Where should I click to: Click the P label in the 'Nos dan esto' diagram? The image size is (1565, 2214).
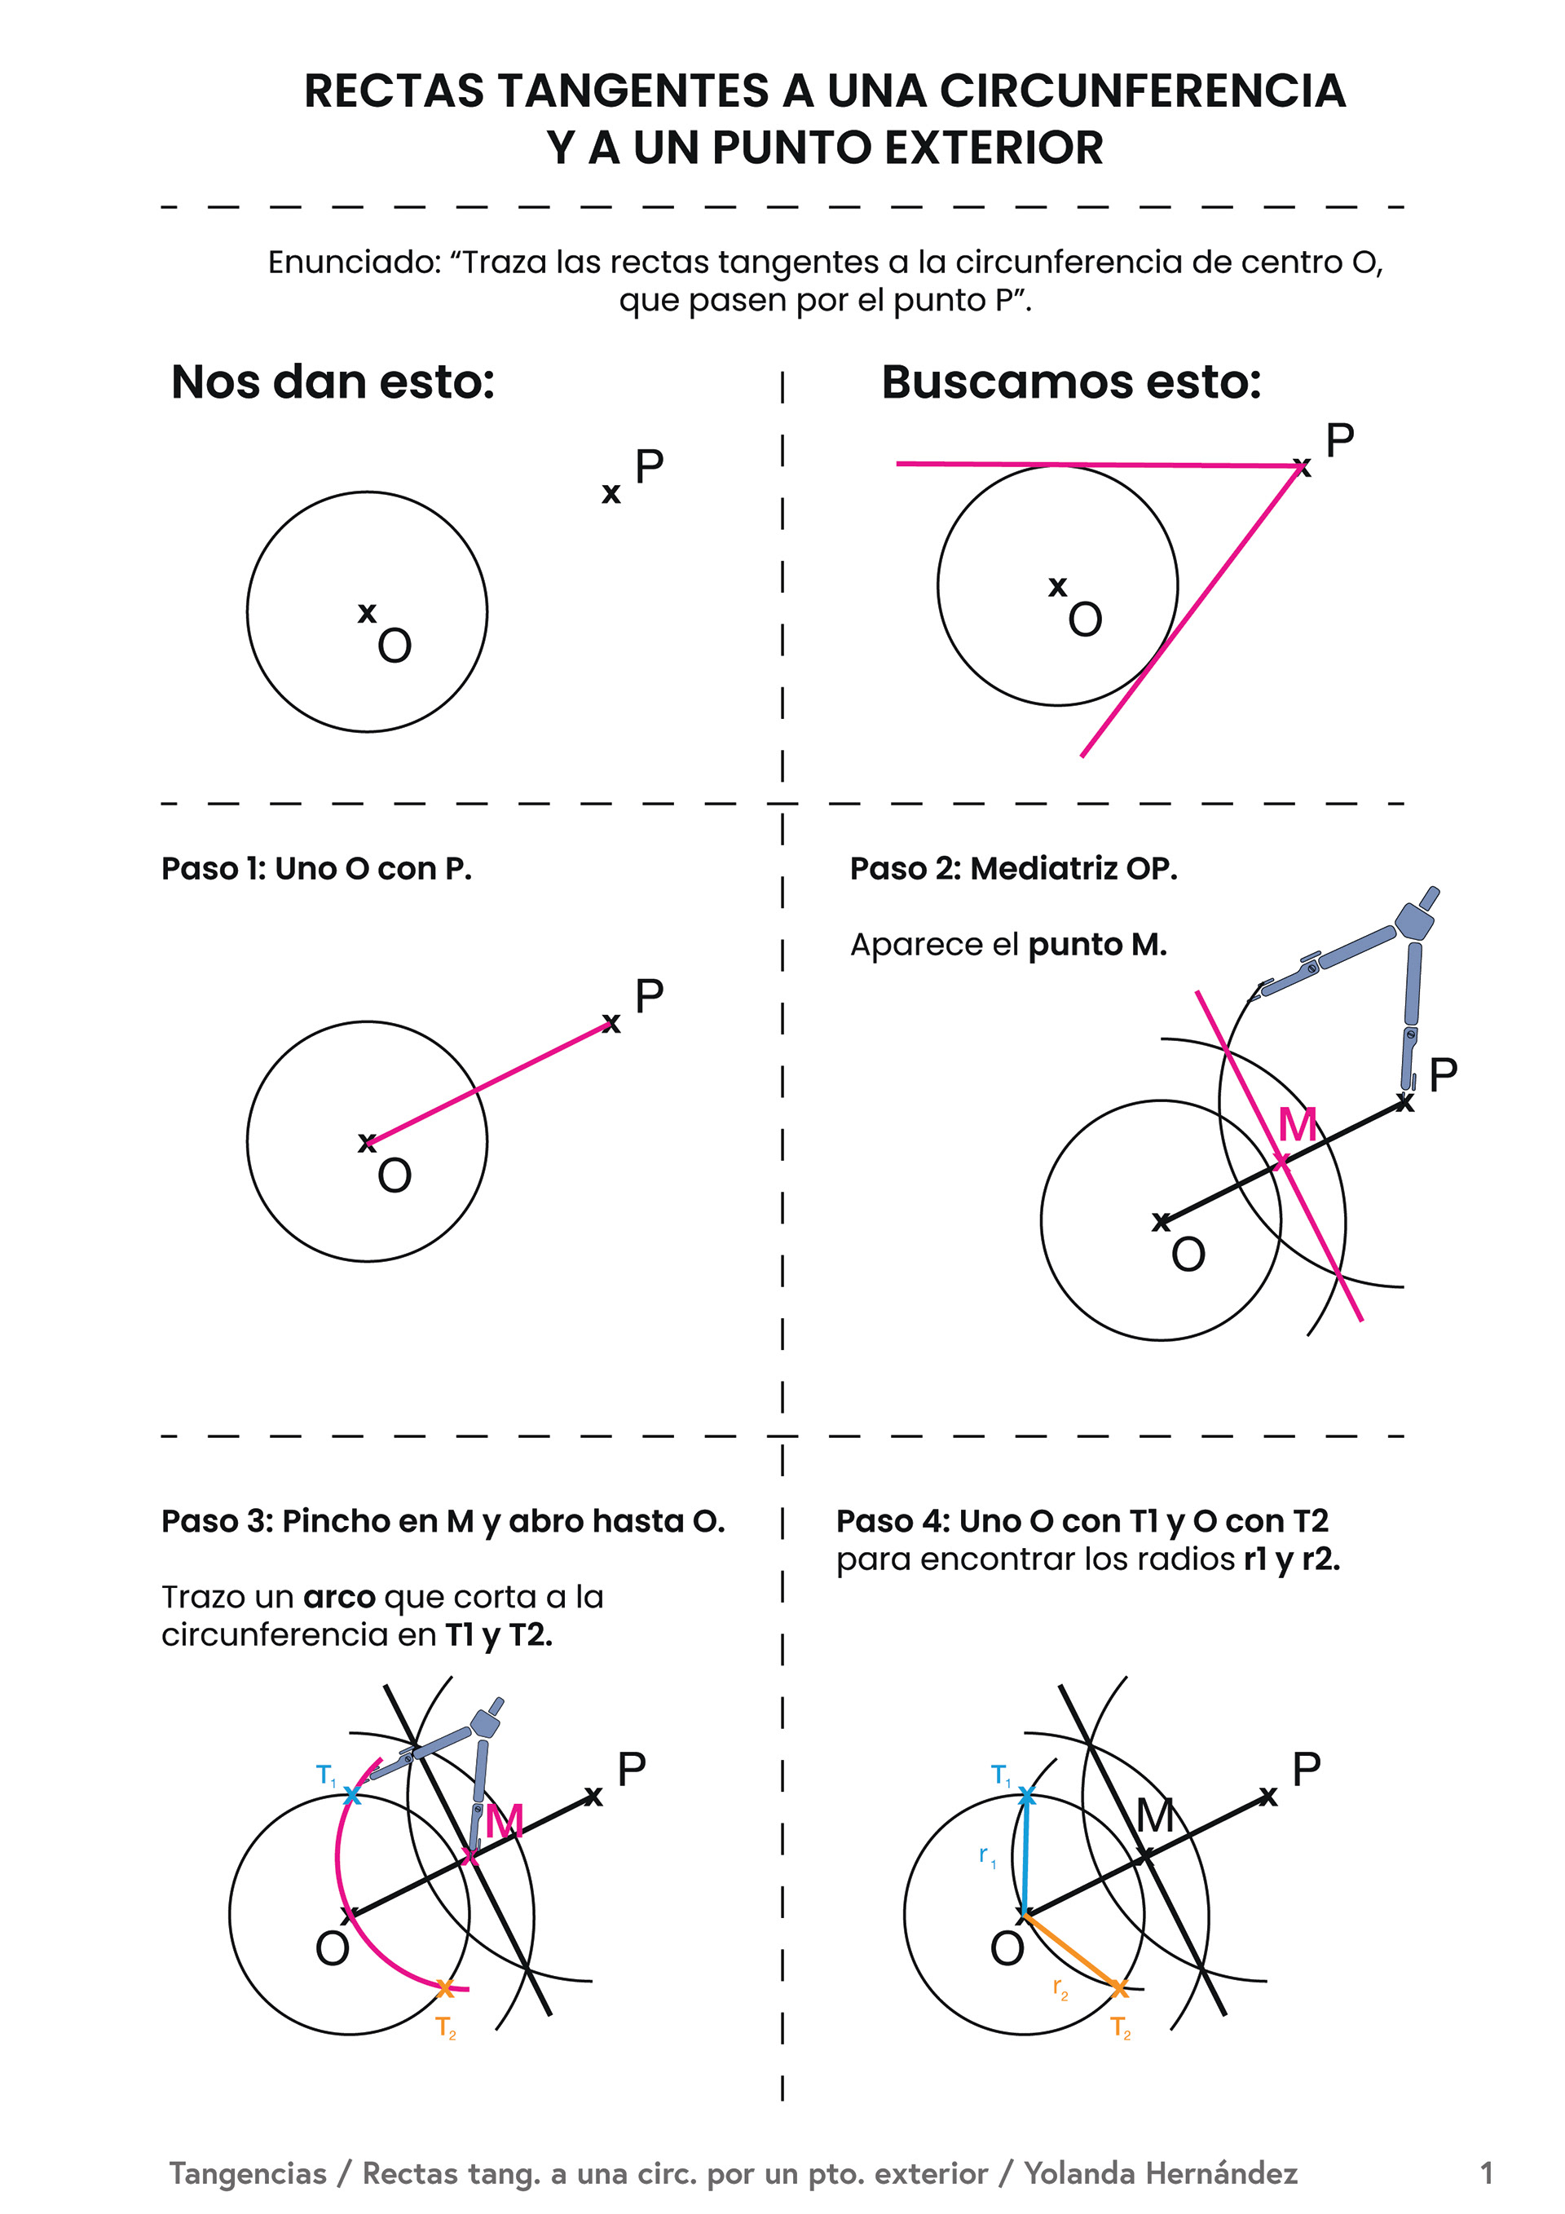coord(649,467)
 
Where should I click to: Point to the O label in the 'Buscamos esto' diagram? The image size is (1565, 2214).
coord(1085,619)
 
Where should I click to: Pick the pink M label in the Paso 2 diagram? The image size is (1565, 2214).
coord(1297,1124)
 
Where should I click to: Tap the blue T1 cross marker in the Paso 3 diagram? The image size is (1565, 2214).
coord(352,1794)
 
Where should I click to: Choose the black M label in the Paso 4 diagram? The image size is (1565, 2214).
coord(1155,1815)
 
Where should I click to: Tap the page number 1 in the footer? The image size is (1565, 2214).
coord(1486,2172)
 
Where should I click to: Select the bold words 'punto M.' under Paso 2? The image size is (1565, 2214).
coord(1097,944)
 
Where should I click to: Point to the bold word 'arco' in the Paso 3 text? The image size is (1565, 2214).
coord(339,1597)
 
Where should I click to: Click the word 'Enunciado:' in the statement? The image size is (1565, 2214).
coord(354,262)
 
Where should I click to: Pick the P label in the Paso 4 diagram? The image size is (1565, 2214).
coord(1306,1770)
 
